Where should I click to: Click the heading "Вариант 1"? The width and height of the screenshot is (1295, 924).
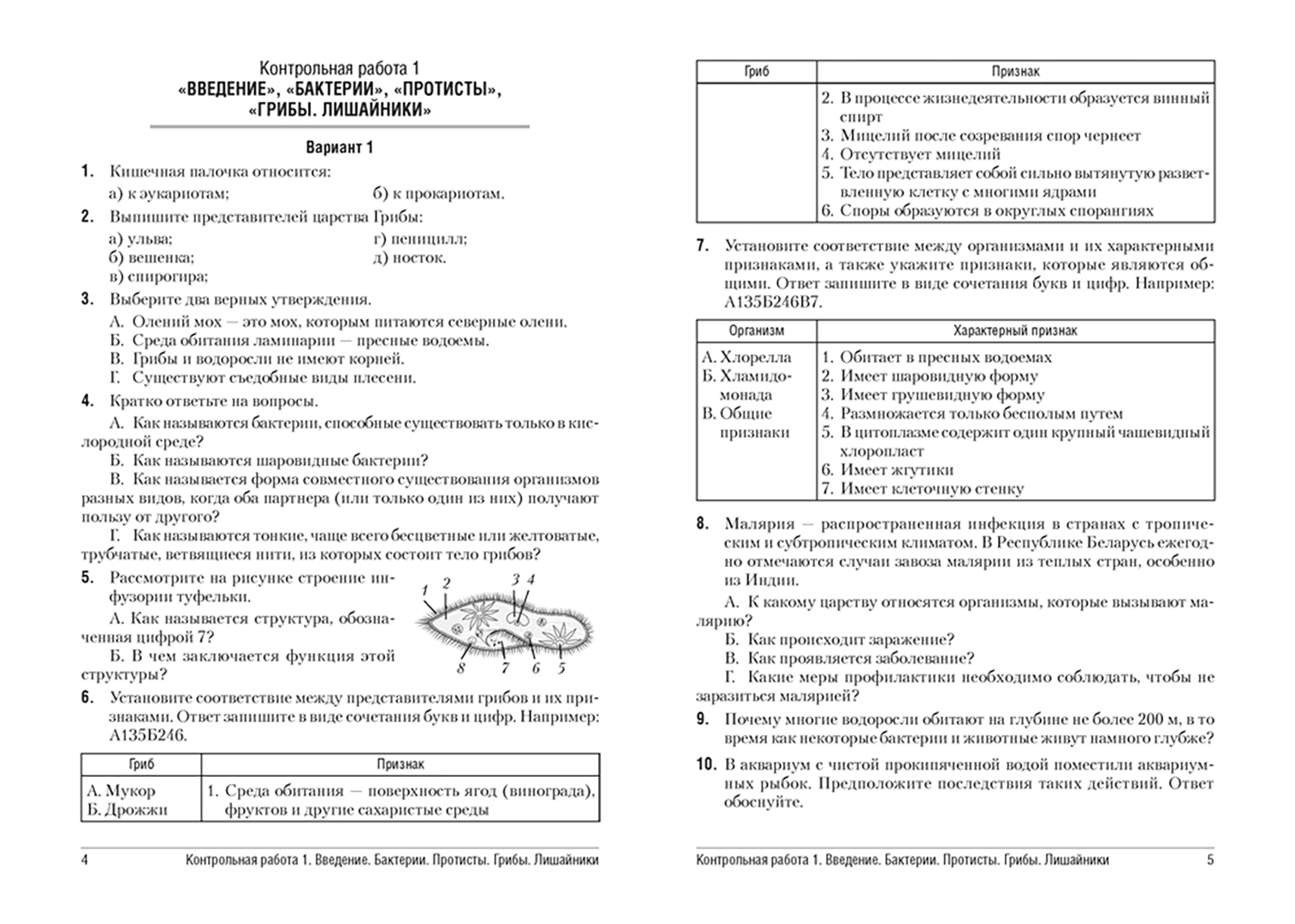[x=340, y=147]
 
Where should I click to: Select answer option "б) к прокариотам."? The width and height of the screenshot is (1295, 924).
[x=438, y=193]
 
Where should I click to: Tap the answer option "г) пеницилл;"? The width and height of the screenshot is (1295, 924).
[x=419, y=239]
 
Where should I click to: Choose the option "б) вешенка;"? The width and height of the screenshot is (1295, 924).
[x=151, y=258]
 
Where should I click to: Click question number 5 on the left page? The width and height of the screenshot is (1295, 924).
[x=87, y=577]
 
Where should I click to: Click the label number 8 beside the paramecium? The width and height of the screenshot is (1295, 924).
[x=462, y=669]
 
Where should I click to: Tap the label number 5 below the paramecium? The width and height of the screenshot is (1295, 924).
[x=561, y=668]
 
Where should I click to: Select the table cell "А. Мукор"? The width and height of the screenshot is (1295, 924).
[x=121, y=791]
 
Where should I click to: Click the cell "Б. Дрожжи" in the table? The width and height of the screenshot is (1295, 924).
[x=127, y=809]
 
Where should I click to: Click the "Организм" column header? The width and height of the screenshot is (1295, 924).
[x=756, y=330]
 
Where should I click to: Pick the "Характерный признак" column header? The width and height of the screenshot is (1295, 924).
[x=1015, y=330]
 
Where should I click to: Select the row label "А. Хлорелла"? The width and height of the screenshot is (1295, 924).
[x=746, y=358]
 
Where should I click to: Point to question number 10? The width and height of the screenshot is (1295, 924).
[x=705, y=764]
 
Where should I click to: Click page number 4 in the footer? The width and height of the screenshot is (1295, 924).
[x=85, y=860]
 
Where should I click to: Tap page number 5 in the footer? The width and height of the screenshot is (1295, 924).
[x=1209, y=860]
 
